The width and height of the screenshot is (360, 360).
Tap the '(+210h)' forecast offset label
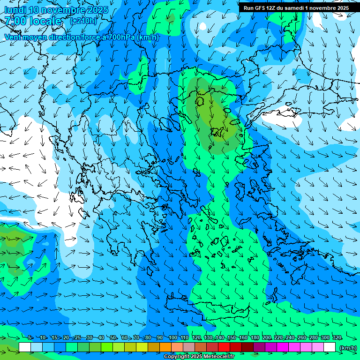(83, 21)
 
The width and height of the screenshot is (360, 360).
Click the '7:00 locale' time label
(33, 21)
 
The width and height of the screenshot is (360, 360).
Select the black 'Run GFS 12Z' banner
(296, 8)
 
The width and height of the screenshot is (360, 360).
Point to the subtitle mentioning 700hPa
(82, 37)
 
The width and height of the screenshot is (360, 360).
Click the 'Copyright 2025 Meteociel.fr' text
(199, 357)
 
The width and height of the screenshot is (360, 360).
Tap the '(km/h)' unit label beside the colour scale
(348, 347)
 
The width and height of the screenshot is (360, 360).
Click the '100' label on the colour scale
(172, 338)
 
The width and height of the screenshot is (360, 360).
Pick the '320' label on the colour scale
(337, 338)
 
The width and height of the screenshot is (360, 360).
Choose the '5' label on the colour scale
(30, 338)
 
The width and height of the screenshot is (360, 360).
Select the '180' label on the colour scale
(255, 338)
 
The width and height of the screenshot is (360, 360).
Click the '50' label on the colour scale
(113, 338)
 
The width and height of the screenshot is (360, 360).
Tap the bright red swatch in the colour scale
(224, 347)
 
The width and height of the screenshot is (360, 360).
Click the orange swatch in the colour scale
(165, 347)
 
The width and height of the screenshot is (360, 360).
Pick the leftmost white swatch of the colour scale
(25, 347)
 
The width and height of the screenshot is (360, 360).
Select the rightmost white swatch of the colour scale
(330, 347)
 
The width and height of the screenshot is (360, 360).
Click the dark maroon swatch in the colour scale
(247, 347)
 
